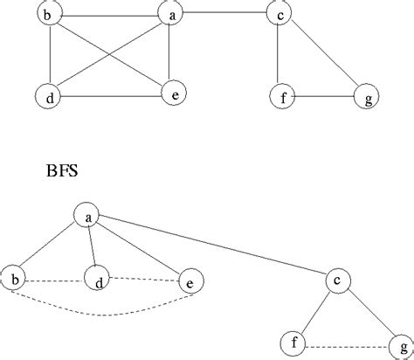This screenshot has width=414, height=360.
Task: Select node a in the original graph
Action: (170, 13)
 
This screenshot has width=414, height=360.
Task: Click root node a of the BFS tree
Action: (87, 215)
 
